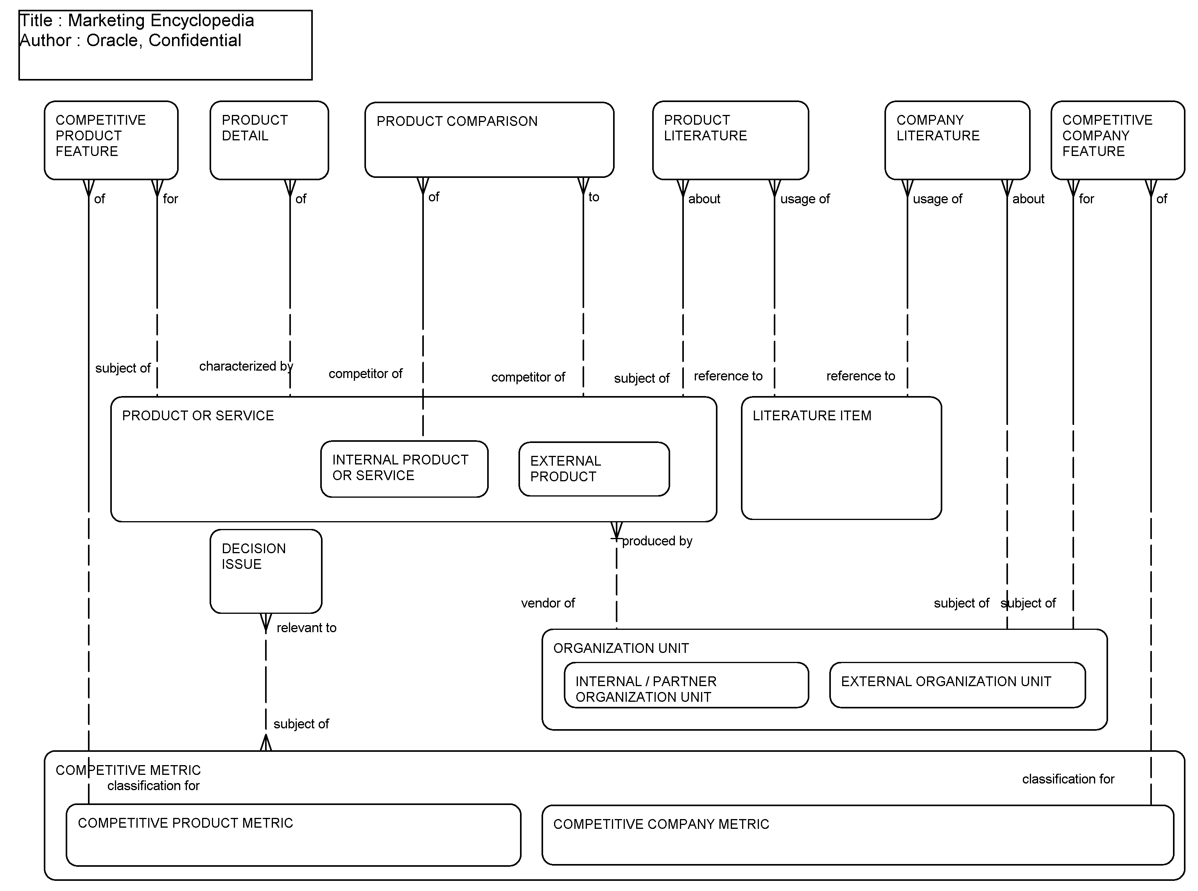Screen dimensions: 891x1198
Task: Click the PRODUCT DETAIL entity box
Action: pyautogui.click(x=269, y=140)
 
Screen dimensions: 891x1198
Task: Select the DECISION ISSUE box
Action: pyautogui.click(x=265, y=572)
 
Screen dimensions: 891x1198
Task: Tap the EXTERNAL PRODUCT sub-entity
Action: pyautogui.click(x=594, y=469)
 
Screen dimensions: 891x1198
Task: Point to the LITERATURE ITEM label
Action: pyautogui.click(x=811, y=416)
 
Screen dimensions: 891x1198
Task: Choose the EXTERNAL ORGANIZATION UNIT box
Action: pyautogui.click(x=956, y=685)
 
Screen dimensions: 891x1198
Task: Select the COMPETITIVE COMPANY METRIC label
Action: pyautogui.click(x=661, y=824)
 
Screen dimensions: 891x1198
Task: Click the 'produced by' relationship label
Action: pyautogui.click(x=656, y=541)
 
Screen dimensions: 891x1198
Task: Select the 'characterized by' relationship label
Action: pyautogui.click(x=246, y=366)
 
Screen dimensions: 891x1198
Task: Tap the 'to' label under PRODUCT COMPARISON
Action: pyautogui.click(x=594, y=197)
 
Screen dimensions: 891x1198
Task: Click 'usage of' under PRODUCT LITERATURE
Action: pyautogui.click(x=804, y=199)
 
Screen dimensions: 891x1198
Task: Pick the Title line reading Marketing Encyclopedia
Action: pyautogui.click(x=136, y=20)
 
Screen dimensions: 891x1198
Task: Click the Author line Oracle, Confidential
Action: pyautogui.click(x=130, y=40)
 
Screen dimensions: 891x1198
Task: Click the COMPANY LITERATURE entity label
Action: pyautogui.click(x=938, y=128)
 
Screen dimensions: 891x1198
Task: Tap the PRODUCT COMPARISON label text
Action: pyautogui.click(x=456, y=121)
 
